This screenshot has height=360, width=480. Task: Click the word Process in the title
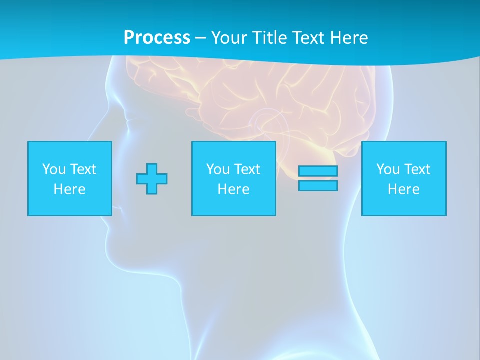point(157,38)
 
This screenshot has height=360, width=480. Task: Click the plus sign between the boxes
point(152,179)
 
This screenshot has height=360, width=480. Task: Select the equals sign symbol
point(318,178)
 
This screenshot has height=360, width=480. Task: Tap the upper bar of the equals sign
point(318,171)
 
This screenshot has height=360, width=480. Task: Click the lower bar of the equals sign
point(318,185)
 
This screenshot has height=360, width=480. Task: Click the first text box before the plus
point(70,178)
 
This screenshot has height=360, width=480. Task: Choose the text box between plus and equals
point(234,178)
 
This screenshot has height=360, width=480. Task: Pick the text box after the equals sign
point(404,178)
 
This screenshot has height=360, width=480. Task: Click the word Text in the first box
point(83,169)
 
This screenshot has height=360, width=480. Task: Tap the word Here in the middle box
point(234,189)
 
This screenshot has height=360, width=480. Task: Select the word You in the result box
point(388,169)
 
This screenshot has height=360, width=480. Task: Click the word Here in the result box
point(404,189)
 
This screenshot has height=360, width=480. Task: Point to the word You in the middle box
point(218,169)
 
